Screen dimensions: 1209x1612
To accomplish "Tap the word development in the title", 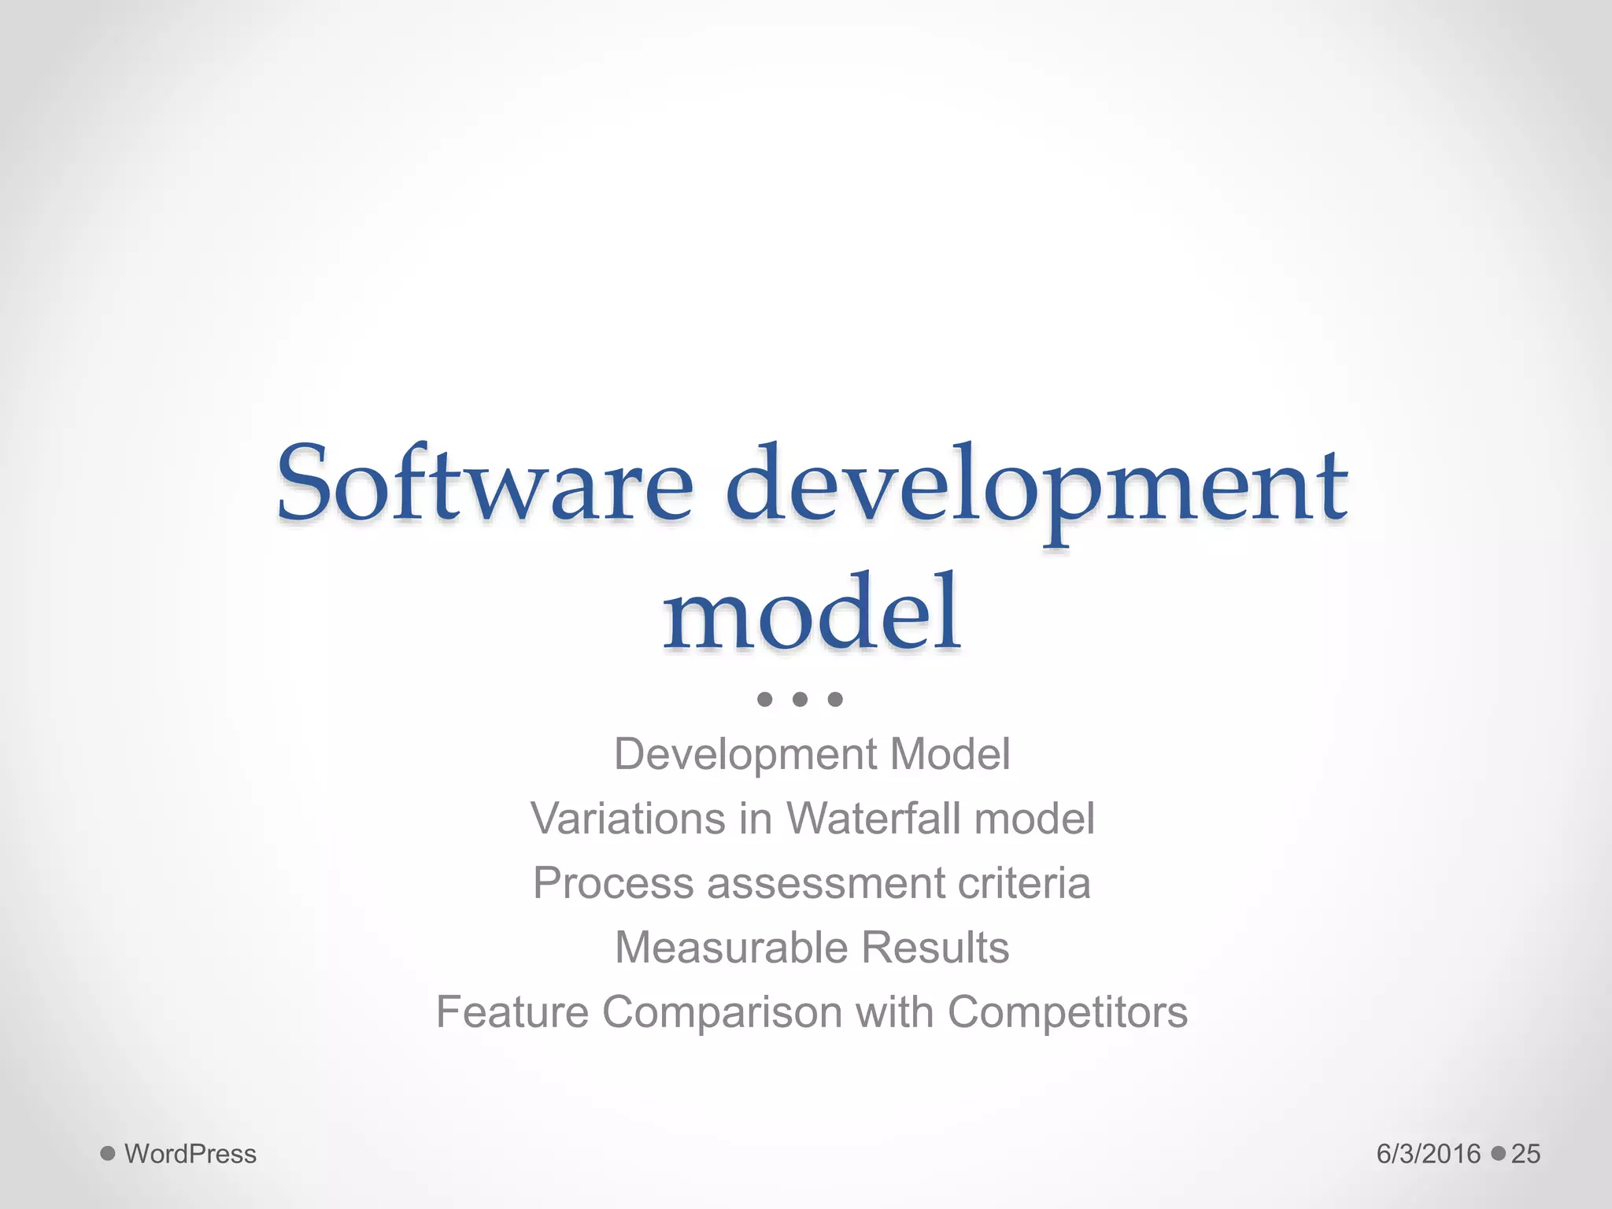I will click(1036, 486).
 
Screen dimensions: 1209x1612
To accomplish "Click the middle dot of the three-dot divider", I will click(800, 699).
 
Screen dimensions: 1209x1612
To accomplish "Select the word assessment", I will click(825, 883).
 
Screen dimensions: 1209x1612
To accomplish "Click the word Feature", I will click(512, 1012).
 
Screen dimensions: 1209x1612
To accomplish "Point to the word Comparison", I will click(723, 1012).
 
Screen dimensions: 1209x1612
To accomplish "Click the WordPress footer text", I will click(190, 1154).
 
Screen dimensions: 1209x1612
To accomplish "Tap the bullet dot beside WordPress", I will click(108, 1154).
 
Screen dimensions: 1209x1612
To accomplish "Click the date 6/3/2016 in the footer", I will click(1429, 1154).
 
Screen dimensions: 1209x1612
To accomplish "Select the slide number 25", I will click(1525, 1154).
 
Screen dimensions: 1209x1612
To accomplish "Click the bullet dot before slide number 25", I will click(1499, 1154).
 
